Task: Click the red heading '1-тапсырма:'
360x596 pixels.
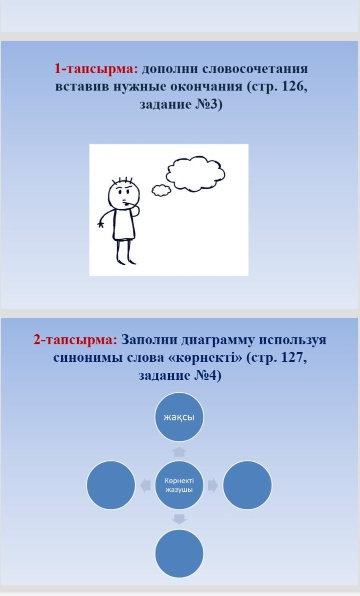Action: point(96,69)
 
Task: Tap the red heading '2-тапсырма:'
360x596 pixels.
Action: point(75,339)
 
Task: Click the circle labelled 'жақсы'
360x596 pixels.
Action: point(179,417)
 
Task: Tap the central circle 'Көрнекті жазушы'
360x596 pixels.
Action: point(179,485)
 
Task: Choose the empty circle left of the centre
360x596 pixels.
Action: point(111,485)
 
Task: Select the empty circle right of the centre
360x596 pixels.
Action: point(247,485)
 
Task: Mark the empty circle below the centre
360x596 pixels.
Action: point(179,553)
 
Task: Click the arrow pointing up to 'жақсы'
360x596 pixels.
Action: point(179,451)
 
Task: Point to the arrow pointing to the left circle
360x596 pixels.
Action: point(145,485)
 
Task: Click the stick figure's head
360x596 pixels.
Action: point(123,194)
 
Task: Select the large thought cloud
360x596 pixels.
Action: point(195,173)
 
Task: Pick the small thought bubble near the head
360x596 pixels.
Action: point(161,190)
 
